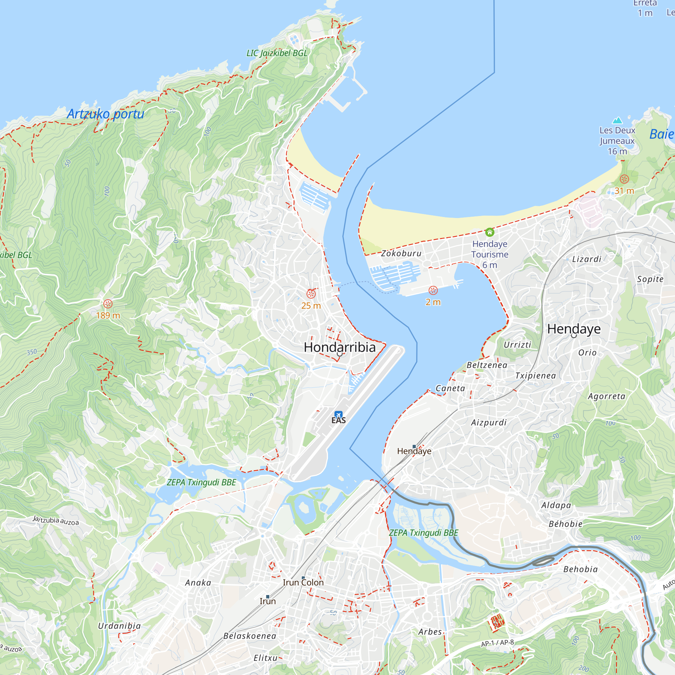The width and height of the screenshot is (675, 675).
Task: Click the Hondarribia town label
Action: coord(340,347)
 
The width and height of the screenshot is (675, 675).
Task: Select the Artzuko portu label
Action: coord(106,114)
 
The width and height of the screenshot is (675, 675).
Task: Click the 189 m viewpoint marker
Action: coord(108,304)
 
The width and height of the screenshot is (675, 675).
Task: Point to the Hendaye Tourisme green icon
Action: coord(489,232)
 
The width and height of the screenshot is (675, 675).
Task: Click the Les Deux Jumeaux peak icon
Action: coord(617,120)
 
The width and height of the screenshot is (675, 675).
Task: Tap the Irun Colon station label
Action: coord(303,583)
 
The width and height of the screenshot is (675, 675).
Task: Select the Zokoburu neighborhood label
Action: coord(401,253)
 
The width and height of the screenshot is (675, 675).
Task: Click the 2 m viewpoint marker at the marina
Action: coord(433,290)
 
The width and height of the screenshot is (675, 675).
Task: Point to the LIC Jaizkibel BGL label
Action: coord(277,53)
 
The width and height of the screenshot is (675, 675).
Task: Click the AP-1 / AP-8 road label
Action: coord(497,643)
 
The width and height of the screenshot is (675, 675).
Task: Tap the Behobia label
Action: coord(580,569)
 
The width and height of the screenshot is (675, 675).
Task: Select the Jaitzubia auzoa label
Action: coord(56,520)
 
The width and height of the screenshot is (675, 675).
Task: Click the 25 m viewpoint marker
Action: coord(311,294)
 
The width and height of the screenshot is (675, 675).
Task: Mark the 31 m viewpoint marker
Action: coord(624,179)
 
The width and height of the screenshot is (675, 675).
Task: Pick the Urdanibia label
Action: coord(119,626)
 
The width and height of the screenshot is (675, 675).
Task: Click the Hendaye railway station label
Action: coord(414,451)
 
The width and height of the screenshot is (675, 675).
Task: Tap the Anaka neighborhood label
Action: coord(198,583)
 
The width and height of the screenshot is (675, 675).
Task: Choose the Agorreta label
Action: coord(606,396)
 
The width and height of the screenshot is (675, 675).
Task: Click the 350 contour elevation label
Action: coord(32,352)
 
